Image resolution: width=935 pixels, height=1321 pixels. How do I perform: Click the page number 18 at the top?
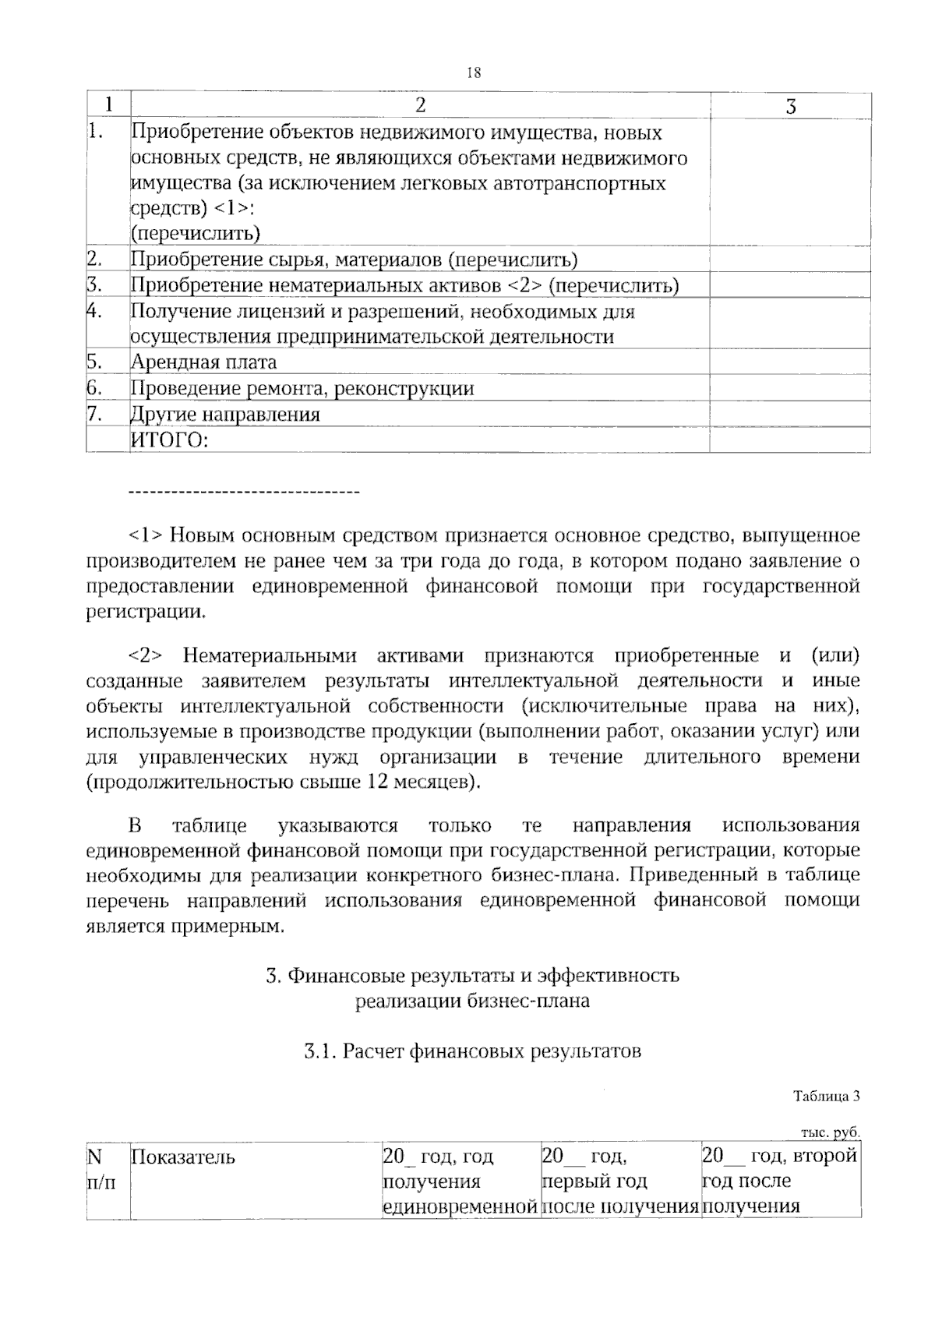tap(474, 73)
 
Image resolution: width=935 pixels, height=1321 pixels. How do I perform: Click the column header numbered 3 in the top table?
tap(790, 107)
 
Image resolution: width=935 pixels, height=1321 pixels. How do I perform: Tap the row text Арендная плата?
tap(203, 362)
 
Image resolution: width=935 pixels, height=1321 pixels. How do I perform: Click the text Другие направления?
tap(225, 415)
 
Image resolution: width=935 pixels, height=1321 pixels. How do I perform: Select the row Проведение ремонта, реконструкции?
tap(302, 388)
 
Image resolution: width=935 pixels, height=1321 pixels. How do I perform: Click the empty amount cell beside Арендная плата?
tap(789, 362)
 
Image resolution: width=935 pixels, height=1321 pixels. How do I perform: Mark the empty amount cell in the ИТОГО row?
tap(789, 440)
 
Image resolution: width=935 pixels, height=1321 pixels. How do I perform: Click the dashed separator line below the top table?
tap(242, 493)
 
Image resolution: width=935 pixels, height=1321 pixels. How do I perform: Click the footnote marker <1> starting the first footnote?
tap(145, 536)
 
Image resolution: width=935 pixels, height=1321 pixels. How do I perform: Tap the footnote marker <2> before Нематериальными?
tap(145, 655)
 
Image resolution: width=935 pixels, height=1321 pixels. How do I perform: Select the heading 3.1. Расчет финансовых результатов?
tap(472, 1052)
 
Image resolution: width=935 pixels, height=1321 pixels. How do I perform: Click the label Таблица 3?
tap(826, 1097)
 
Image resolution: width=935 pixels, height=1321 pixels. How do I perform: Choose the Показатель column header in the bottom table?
tap(183, 1157)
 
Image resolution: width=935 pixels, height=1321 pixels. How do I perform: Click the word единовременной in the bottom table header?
tap(460, 1207)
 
